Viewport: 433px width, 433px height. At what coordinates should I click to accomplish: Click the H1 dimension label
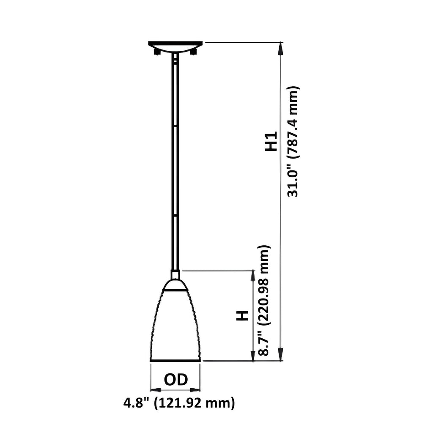click(271, 141)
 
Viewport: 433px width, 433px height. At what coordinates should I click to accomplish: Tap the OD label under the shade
click(175, 380)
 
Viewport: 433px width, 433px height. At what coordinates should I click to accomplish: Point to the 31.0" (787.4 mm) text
click(293, 141)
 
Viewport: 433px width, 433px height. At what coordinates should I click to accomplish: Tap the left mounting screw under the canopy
click(157, 52)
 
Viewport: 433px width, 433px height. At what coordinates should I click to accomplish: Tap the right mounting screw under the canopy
click(194, 52)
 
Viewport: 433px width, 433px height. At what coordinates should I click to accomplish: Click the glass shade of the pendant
click(175, 326)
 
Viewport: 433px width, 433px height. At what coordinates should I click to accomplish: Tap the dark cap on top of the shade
click(175, 285)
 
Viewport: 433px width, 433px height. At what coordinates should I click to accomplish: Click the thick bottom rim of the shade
click(175, 360)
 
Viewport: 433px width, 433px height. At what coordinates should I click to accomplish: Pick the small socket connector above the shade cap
click(175, 274)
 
